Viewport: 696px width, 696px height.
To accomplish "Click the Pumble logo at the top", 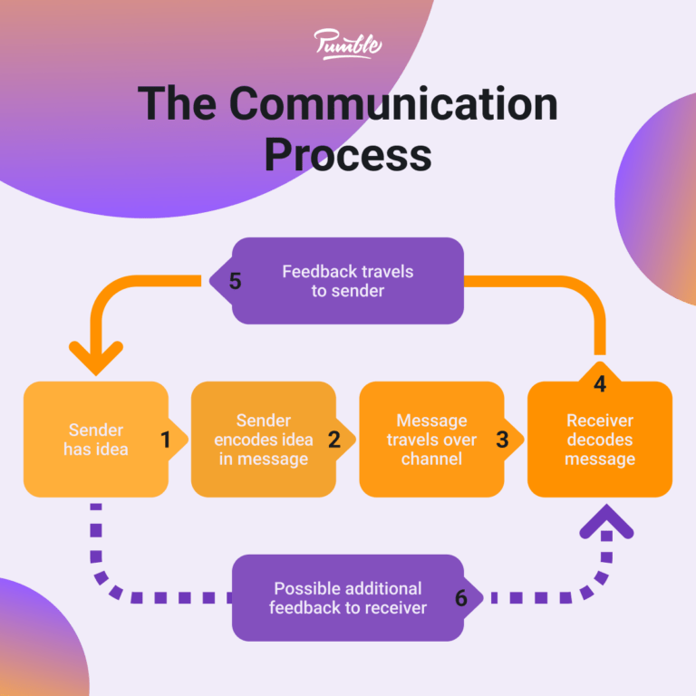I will click(x=348, y=43).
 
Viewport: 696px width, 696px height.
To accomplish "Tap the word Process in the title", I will click(x=348, y=154).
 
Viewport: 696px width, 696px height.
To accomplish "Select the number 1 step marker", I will click(x=166, y=440).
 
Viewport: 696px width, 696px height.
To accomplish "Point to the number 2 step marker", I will click(x=333, y=440).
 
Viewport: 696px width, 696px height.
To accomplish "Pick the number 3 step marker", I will click(x=502, y=440).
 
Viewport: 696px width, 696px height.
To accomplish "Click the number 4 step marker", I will click(x=600, y=384).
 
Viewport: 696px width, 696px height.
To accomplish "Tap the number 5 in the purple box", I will click(x=236, y=281).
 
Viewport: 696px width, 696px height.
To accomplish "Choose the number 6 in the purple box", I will click(x=461, y=598).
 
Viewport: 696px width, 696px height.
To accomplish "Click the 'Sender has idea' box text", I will click(x=94, y=440).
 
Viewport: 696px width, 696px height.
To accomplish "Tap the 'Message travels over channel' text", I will click(x=431, y=440).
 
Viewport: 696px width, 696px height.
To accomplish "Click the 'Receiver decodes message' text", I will click(x=599, y=440).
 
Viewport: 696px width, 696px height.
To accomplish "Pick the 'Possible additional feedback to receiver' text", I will click(x=347, y=598).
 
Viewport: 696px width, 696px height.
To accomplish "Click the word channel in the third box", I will click(x=431, y=459).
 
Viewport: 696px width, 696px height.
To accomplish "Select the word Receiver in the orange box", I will click(x=599, y=420).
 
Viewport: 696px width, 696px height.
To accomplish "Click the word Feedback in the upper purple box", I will click(x=318, y=271).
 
